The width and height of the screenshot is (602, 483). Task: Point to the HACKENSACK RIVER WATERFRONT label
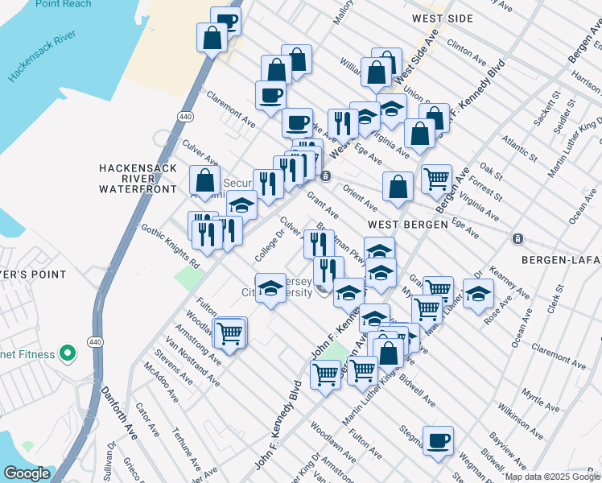pyautogui.click(x=137, y=178)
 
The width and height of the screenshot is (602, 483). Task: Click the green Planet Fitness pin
pyautogui.click(x=68, y=353)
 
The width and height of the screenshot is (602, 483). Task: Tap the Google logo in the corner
pyautogui.click(x=27, y=473)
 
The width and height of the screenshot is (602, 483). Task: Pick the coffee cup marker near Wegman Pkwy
pyautogui.click(x=439, y=440)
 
